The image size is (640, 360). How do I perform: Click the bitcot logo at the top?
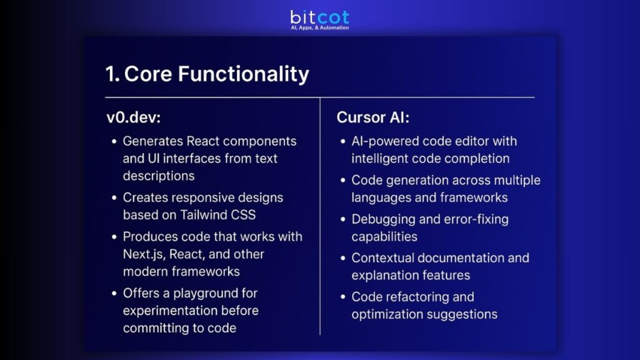319,17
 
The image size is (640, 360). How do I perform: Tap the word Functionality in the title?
243,74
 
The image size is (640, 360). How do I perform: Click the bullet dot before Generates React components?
114,142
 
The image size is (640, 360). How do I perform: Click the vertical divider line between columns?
320,219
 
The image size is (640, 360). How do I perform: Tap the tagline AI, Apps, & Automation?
319,28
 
